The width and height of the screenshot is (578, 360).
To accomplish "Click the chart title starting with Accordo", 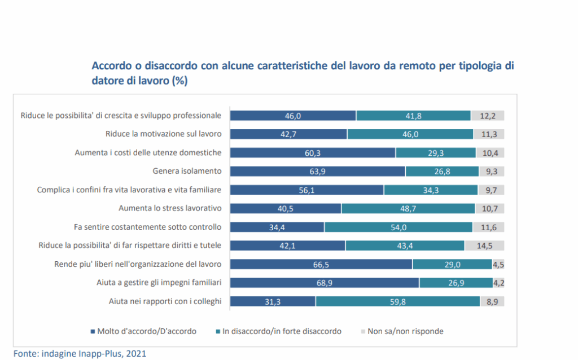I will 303,73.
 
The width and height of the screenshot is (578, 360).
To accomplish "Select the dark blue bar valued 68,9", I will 325,283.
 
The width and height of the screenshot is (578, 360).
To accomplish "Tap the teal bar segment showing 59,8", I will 397,301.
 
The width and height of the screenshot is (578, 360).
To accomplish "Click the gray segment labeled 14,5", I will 484,245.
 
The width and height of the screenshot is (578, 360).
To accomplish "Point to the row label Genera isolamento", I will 187,171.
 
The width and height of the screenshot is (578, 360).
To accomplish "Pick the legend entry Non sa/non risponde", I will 405,331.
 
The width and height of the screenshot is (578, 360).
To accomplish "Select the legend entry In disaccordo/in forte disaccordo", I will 278,331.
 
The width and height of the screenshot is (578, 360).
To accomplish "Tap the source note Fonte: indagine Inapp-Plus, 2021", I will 80,353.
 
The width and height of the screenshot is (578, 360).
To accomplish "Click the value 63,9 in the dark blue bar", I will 318,171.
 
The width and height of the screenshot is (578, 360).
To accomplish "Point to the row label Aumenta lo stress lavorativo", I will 170,208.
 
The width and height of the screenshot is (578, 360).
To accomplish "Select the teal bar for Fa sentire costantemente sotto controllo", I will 399,227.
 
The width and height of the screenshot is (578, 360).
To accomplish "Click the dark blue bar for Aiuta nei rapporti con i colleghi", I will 273,301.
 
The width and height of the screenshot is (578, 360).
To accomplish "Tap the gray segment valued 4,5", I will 498,264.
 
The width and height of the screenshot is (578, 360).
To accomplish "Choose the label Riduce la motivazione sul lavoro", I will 163,134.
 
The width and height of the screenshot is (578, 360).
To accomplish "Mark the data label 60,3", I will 313,152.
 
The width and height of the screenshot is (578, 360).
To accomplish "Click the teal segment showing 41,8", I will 413,116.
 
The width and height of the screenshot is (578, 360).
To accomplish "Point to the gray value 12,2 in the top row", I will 487,116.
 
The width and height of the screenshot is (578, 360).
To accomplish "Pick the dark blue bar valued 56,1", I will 307,190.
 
